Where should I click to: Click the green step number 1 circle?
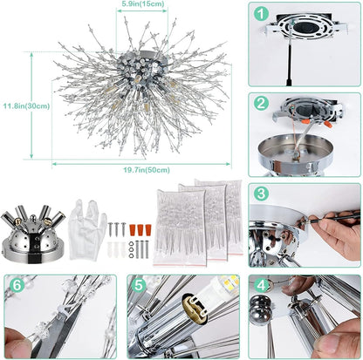pos(262,15)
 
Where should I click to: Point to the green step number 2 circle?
pos(262,103)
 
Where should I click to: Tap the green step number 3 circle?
pos(262,194)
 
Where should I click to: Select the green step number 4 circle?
pos(262,284)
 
